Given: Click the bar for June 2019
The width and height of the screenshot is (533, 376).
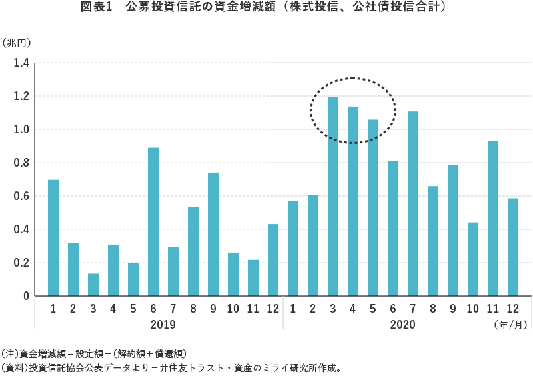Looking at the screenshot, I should coord(153,222).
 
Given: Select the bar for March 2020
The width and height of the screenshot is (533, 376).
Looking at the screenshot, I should coord(333,197).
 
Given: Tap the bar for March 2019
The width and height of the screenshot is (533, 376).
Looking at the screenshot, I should coord(93,285).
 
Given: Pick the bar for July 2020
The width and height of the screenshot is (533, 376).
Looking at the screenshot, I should coord(413,203).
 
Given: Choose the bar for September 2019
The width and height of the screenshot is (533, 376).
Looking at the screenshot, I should coord(213,234).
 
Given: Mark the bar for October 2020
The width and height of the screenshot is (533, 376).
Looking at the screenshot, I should coord(473,259).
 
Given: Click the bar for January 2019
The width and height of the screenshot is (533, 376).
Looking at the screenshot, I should coord(53,238).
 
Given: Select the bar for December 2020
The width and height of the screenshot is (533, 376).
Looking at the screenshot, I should coord(513,247).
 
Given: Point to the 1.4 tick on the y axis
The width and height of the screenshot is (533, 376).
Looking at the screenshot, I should coord(21,63).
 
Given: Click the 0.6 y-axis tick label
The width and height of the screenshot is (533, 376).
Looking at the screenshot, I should coord(21,196).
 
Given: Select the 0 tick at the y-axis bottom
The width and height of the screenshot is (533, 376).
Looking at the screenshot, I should coord(26,296).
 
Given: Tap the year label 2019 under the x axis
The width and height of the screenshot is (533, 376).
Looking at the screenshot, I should coord(163,325).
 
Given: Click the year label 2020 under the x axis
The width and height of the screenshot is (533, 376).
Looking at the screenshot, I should coord(402,325).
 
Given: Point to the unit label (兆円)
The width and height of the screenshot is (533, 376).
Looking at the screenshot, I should coord(17,43).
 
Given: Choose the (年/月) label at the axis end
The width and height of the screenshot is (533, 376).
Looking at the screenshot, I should coord(511,325).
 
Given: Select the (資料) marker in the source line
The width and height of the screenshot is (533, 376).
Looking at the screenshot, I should coord(14,367).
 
